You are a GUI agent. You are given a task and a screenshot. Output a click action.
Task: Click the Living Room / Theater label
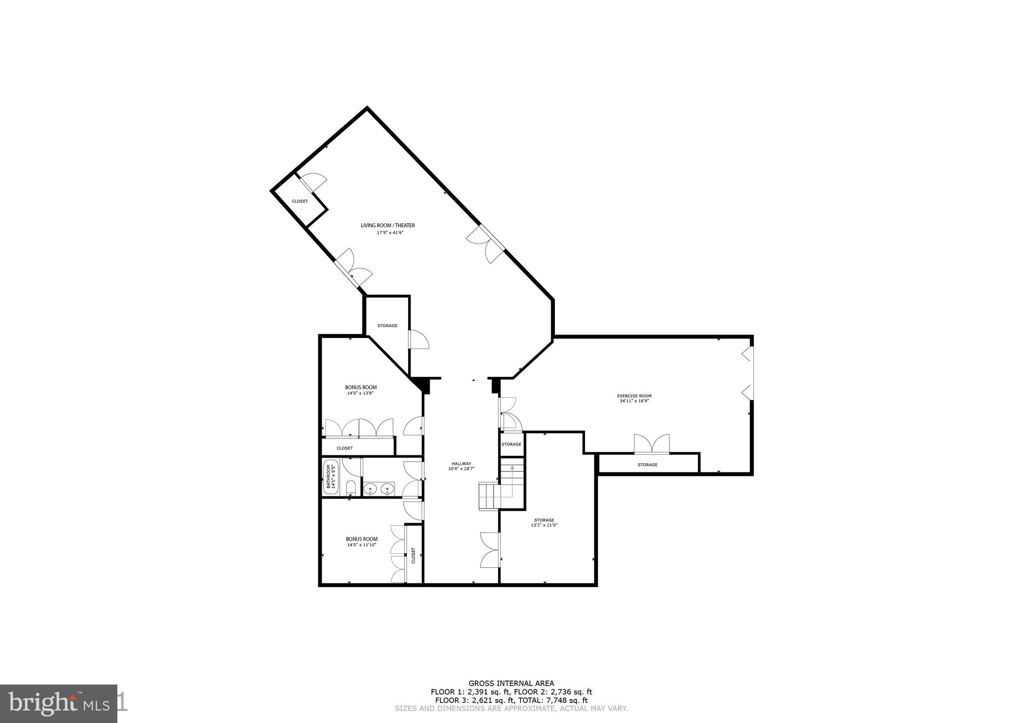pyautogui.click(x=388, y=226)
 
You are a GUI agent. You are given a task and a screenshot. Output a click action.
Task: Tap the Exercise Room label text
pyautogui.click(x=634, y=396)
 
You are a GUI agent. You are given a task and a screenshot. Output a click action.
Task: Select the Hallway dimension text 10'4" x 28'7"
pyautogui.click(x=461, y=468)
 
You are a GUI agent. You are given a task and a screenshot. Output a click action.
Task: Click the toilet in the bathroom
pyautogui.click(x=351, y=487)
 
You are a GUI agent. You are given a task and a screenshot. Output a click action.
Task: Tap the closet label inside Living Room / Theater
pyautogui.click(x=300, y=201)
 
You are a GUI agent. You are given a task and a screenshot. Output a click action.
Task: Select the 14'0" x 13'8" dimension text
pyautogui.click(x=360, y=393)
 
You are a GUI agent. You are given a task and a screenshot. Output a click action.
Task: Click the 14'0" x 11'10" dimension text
pyautogui.click(x=361, y=545)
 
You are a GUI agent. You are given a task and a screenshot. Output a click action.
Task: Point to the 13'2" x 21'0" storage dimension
pyautogui.click(x=543, y=525)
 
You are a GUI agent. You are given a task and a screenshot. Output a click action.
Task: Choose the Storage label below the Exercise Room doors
pyautogui.click(x=647, y=465)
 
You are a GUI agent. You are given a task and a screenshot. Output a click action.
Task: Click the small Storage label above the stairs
pyautogui.click(x=511, y=444)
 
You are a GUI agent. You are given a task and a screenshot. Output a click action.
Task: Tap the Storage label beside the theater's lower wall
pyautogui.click(x=387, y=326)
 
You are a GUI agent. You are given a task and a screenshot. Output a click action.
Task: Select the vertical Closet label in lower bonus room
pyautogui.click(x=414, y=555)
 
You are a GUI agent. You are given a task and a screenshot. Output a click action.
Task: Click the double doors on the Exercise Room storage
pyautogui.click(x=651, y=444)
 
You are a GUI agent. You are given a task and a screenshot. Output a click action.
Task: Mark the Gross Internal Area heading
pyautogui.click(x=511, y=684)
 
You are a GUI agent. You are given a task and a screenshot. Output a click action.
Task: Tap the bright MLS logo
pyautogui.click(x=59, y=704)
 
